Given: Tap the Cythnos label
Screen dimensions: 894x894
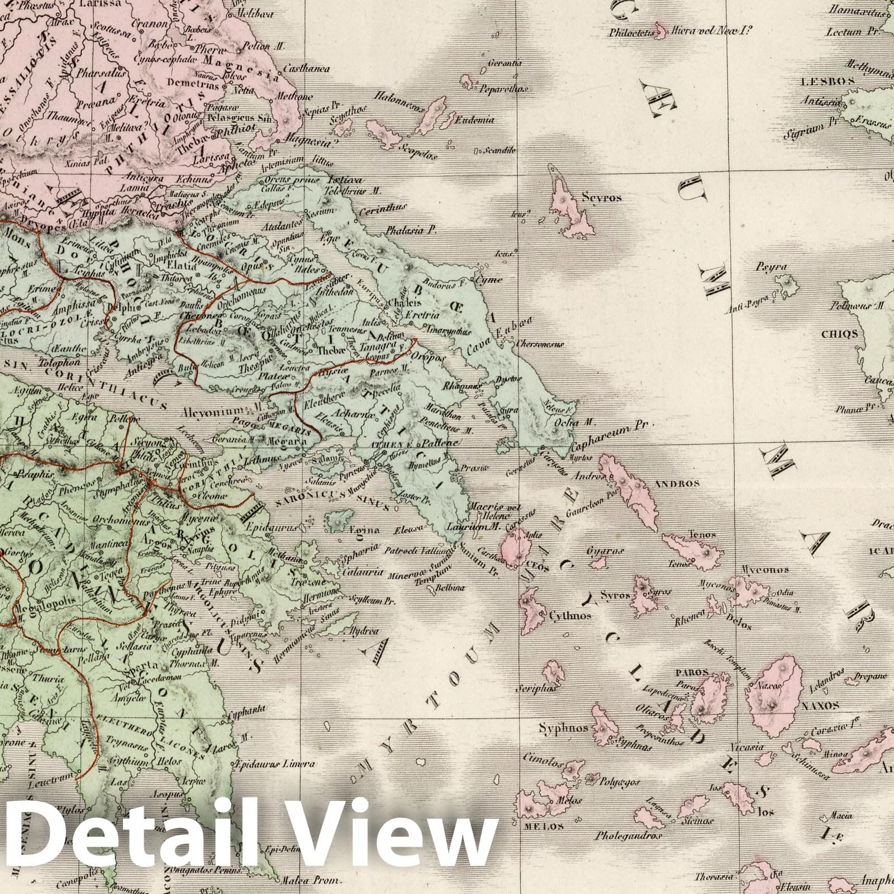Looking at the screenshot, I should (x=570, y=616).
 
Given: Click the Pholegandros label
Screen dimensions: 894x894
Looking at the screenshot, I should (x=629, y=836).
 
